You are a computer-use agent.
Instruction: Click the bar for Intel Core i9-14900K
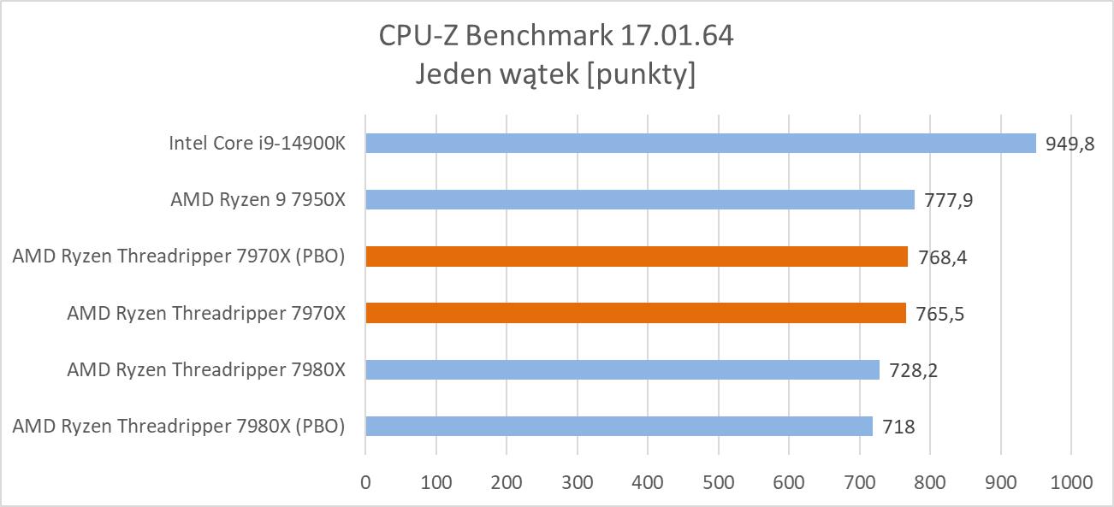pyautogui.click(x=700, y=143)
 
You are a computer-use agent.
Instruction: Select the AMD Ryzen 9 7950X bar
pyautogui.click(x=639, y=199)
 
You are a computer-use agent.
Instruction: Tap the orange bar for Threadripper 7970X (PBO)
pyautogui.click(x=636, y=256)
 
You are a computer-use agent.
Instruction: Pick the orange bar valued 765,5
pyautogui.click(x=635, y=313)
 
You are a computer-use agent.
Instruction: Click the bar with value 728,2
pyautogui.click(x=622, y=369)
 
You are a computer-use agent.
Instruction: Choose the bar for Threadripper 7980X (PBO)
pyautogui.click(x=619, y=426)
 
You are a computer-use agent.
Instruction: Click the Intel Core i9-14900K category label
pyautogui.click(x=257, y=143)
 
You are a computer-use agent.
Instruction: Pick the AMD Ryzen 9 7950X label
pyautogui.click(x=258, y=199)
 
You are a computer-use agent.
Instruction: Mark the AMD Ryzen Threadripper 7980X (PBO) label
pyautogui.click(x=179, y=426)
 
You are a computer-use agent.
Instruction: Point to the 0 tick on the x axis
pyautogui.click(x=365, y=482)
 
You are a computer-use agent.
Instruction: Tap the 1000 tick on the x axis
pyautogui.click(x=1070, y=482)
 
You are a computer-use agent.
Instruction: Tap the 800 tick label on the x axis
pyautogui.click(x=929, y=482)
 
